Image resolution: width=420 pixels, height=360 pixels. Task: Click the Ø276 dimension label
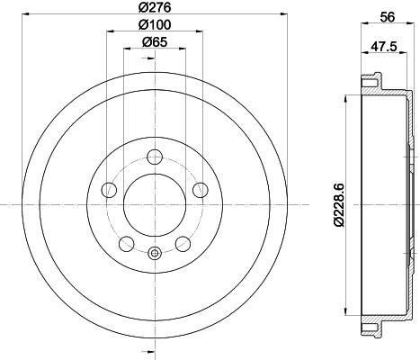155,7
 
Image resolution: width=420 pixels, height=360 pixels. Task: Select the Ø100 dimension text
155,24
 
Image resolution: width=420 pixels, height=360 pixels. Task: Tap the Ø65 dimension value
155,42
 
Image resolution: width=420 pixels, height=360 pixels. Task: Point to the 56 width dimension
388,17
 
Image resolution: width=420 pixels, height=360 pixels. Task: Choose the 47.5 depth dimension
384,47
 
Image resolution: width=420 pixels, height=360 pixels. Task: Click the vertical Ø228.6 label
339,205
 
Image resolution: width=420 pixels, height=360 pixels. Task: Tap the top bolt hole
155,157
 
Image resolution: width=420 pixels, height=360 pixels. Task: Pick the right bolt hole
201,190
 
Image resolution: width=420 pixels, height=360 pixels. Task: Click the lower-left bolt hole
127,244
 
